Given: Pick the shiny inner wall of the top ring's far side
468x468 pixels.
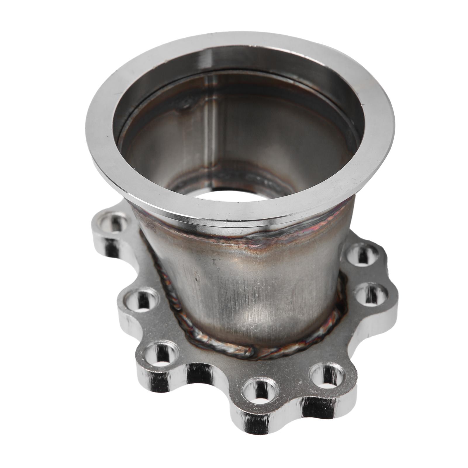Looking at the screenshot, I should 234,60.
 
